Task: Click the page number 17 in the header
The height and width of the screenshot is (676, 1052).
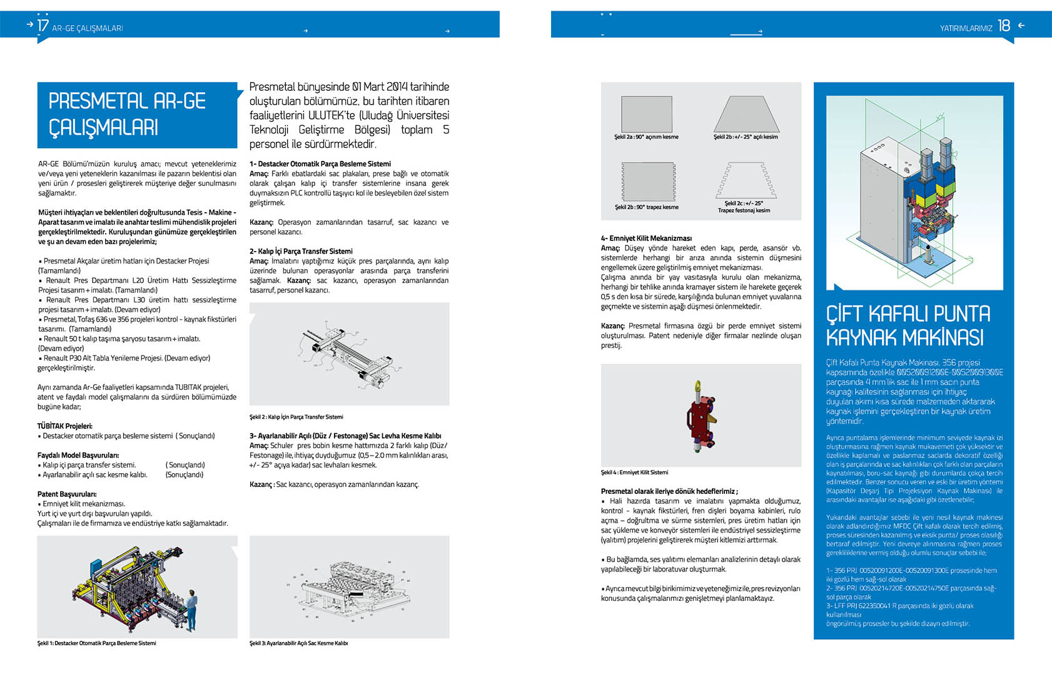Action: pyautogui.click(x=43, y=26)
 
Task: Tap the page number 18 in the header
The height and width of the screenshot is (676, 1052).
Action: pyautogui.click(x=1004, y=26)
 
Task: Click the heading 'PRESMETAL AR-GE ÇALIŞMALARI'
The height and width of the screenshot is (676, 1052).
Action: pyautogui.click(x=127, y=115)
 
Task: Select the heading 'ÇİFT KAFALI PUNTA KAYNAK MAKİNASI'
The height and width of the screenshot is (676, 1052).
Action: pyautogui.click(x=908, y=325)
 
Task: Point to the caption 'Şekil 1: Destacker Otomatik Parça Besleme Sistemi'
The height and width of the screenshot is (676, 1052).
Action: pyautogui.click(x=97, y=643)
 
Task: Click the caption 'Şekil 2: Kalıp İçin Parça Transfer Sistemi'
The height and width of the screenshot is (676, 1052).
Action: pyautogui.click(x=296, y=417)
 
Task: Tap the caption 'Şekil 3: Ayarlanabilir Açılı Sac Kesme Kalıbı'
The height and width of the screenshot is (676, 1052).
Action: pyautogui.click(x=298, y=643)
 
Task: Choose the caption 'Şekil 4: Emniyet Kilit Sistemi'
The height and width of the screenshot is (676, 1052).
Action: pyautogui.click(x=634, y=473)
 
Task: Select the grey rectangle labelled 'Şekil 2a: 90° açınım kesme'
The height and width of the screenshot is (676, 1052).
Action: pyautogui.click(x=647, y=115)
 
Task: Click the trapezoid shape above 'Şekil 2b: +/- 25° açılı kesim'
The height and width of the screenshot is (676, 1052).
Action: pyautogui.click(x=746, y=115)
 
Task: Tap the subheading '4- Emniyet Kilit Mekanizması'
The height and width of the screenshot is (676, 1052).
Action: pyautogui.click(x=646, y=238)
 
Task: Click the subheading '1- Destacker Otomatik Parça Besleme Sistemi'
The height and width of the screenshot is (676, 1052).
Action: pyautogui.click(x=320, y=164)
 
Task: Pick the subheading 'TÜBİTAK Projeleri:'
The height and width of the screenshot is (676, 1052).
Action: pyautogui.click(x=65, y=426)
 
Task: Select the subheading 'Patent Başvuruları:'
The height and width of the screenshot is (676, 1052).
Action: pyautogui.click(x=67, y=494)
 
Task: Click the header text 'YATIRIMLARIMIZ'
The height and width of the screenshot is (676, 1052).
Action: pyautogui.click(x=966, y=28)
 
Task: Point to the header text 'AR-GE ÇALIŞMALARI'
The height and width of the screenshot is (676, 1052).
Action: pyautogui.click(x=88, y=28)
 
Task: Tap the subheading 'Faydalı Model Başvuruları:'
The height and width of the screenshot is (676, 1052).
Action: pyautogui.click(x=78, y=456)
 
